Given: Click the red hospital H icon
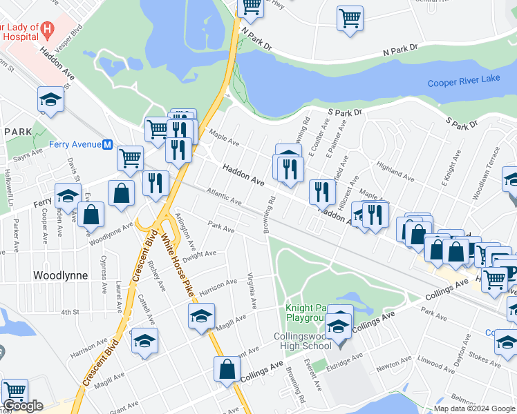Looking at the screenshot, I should point(47,29).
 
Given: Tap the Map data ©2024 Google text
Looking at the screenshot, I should point(474,408).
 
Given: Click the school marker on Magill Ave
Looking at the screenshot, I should point(201,316).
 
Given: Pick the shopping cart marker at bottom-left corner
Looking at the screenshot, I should point(15,391).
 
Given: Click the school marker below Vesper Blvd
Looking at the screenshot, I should point(50,100).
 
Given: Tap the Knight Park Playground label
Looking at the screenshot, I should point(305,313).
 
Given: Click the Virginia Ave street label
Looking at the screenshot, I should point(252,290).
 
